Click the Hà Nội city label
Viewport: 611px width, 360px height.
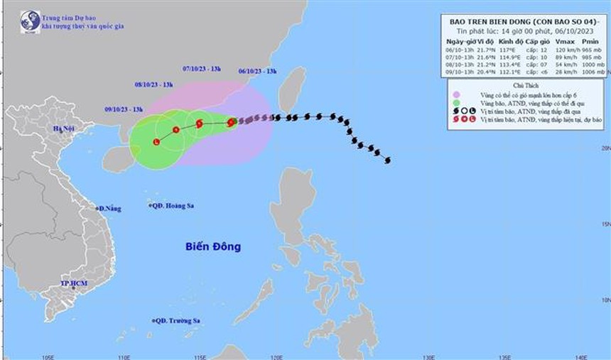pyautogui.click(x=64, y=129)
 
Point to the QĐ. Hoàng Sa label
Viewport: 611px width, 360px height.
pyautogui.click(x=173, y=206)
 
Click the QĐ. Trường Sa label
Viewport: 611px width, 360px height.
pyautogui.click(x=177, y=321)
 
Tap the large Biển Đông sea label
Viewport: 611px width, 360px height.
pyautogui.click(x=213, y=247)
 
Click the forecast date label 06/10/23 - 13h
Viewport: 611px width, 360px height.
pyautogui.click(x=257, y=71)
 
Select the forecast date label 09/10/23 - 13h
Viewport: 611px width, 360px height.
pyautogui.click(x=124, y=109)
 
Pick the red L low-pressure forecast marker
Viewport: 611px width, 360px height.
pyautogui.click(x=156, y=143)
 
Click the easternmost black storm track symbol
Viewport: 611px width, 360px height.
pyautogui.click(x=387, y=160)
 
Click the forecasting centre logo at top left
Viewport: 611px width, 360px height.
pyautogui.click(x=30, y=22)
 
